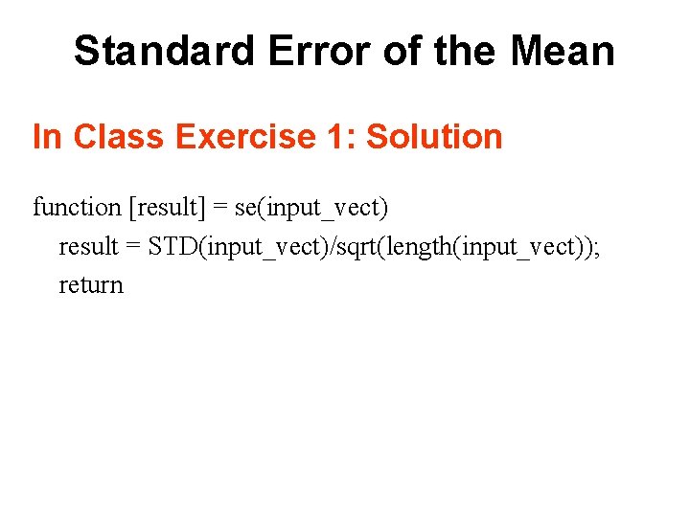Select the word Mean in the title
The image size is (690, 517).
click(563, 51)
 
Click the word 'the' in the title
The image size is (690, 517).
click(464, 51)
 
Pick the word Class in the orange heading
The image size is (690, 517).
click(114, 137)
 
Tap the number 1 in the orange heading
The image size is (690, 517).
click(334, 137)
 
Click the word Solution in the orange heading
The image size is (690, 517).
click(434, 137)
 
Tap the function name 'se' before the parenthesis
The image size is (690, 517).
click(246, 208)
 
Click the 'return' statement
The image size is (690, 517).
click(91, 285)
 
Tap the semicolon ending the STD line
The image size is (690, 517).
click(597, 248)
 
